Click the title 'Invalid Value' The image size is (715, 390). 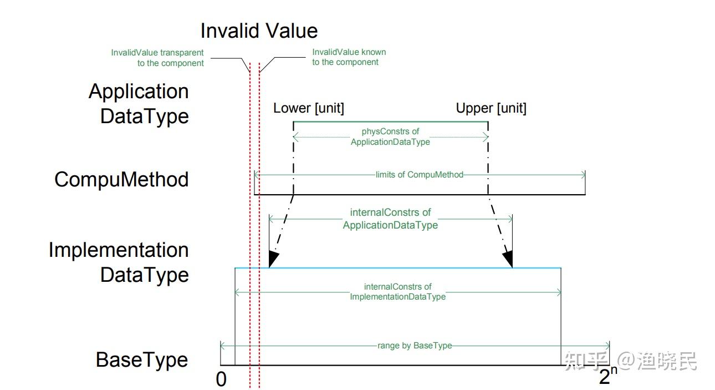pyautogui.click(x=259, y=31)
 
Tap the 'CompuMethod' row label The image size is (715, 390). pyautogui.click(x=121, y=179)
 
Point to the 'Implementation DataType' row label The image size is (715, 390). pyautogui.click(x=119, y=262)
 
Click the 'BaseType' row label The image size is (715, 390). pyautogui.click(x=142, y=360)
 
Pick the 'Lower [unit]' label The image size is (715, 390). pyautogui.click(x=309, y=108)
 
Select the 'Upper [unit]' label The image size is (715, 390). pyautogui.click(x=491, y=108)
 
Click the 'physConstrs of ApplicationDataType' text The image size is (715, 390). pyautogui.click(x=390, y=136)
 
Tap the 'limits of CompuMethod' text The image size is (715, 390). pyautogui.click(x=419, y=175)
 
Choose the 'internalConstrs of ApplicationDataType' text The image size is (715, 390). pyautogui.click(x=390, y=219)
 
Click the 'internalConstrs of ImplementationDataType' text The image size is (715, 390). pyautogui.click(x=398, y=292)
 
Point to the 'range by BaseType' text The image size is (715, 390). pyautogui.click(x=415, y=346)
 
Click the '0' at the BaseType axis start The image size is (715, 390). pyautogui.click(x=221, y=379)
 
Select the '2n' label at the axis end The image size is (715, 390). pyautogui.click(x=608, y=375)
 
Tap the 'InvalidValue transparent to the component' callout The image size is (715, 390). pyautogui.click(x=157, y=58)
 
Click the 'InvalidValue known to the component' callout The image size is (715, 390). pyautogui.click(x=349, y=57)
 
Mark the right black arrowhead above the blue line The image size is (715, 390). pyautogui.click(x=508, y=259)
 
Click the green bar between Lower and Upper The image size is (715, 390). pyautogui.click(x=391, y=121)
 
